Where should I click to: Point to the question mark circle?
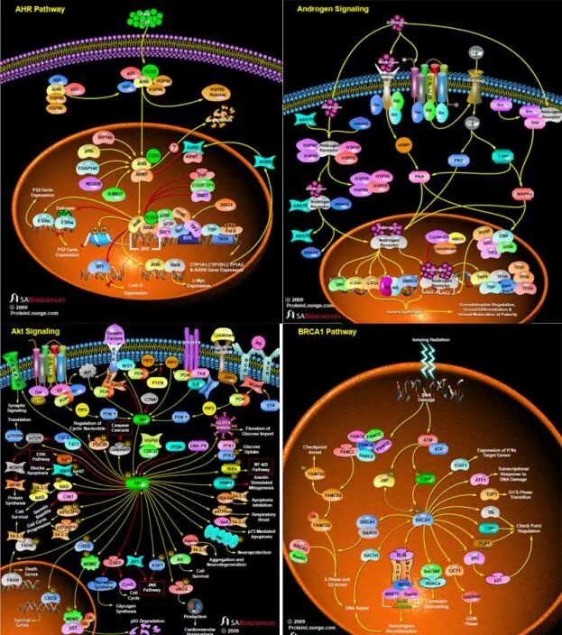173,148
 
